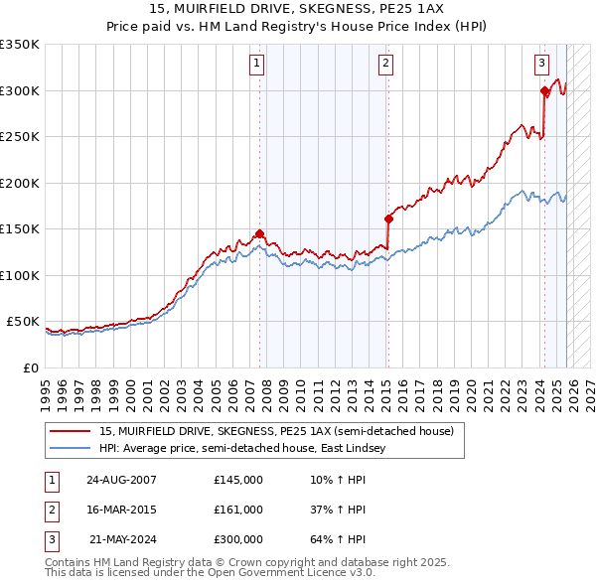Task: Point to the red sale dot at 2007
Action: (260, 234)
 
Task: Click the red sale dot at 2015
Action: (388, 220)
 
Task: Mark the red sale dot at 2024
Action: (544, 91)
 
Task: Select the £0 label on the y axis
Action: (32, 367)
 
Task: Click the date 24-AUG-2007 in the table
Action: (121, 480)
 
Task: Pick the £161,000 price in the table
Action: (238, 510)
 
